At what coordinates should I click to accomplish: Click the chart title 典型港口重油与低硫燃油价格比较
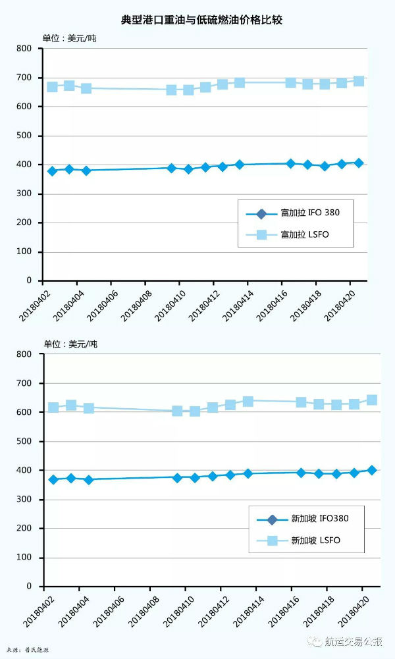tap(197, 20)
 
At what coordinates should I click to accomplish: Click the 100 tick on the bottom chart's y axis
tap(24, 558)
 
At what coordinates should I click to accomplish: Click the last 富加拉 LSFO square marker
tap(359, 81)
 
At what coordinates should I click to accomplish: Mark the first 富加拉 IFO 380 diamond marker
tap(52, 171)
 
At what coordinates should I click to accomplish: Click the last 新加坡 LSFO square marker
tap(371, 400)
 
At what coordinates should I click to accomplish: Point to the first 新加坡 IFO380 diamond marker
tap(54, 479)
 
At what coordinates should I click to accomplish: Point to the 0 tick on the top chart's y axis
tap(30, 280)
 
